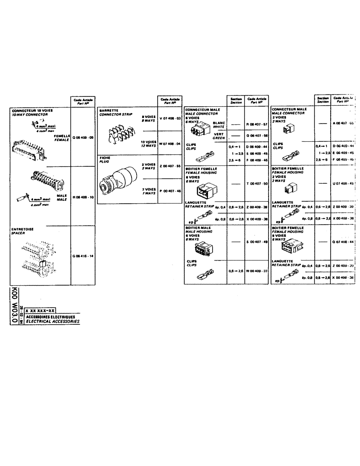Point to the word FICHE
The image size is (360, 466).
tap(104, 158)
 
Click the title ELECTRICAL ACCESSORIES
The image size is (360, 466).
tap(52, 322)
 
